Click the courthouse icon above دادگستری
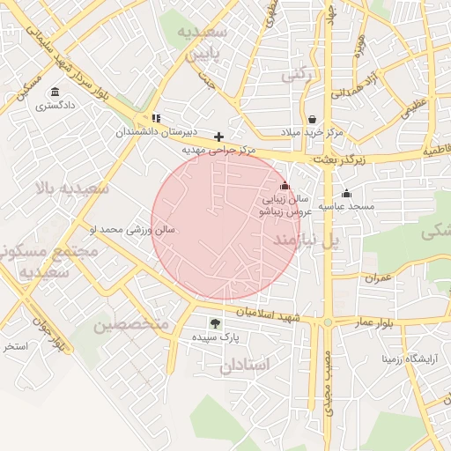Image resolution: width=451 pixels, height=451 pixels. click(x=55, y=92)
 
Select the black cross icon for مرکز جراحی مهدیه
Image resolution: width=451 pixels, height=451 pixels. click(x=218, y=137)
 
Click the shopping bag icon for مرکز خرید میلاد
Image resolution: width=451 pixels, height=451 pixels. click(x=312, y=119)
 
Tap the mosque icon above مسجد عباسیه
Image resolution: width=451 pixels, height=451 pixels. click(x=346, y=194)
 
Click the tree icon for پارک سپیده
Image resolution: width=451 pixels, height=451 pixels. click(x=215, y=323)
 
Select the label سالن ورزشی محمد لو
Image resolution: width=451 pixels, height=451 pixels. click(x=132, y=230)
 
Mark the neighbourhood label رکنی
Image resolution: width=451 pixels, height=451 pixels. click(x=297, y=76)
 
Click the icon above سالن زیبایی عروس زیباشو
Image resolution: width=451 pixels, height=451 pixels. click(x=284, y=186)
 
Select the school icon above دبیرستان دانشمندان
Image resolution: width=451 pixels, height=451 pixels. click(x=156, y=118)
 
